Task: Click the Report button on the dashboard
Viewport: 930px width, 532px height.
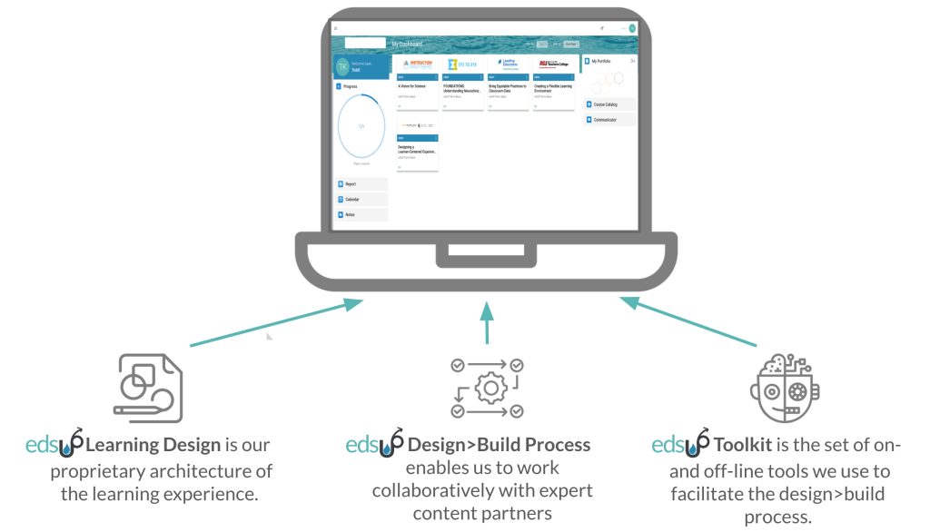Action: tap(361, 184)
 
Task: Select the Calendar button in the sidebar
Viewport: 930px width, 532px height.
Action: tap(361, 200)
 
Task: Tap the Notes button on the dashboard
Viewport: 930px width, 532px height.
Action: tap(361, 215)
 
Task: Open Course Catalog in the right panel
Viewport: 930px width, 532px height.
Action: tap(608, 104)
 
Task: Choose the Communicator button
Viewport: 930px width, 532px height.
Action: tap(608, 120)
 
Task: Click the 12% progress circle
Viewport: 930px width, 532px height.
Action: tap(361, 126)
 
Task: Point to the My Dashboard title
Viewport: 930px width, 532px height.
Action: tap(407, 44)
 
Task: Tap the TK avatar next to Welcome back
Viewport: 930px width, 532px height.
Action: tap(342, 66)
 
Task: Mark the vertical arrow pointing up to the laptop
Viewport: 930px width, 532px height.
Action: tap(487, 323)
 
